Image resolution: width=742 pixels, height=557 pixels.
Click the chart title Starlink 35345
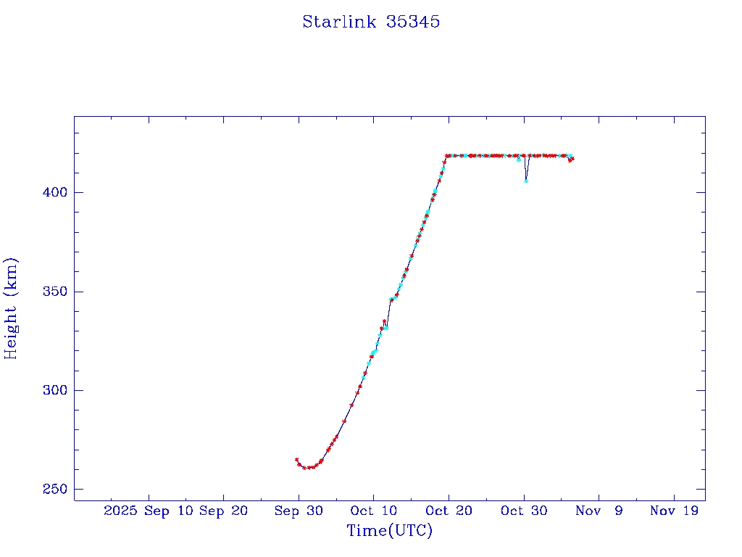(x=371, y=22)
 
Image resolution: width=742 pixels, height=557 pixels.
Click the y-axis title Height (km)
(x=11, y=308)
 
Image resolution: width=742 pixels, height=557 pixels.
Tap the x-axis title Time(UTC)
(x=389, y=531)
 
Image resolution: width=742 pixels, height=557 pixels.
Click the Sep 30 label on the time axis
(x=299, y=511)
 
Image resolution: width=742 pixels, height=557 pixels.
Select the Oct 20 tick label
(x=449, y=511)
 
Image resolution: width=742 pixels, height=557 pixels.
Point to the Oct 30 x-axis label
(x=524, y=511)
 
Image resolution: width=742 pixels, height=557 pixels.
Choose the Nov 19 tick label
(x=675, y=511)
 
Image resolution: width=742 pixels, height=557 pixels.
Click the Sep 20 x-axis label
(x=223, y=511)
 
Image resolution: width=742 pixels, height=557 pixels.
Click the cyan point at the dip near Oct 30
(x=526, y=181)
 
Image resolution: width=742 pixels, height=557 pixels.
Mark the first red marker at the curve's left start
(x=296, y=459)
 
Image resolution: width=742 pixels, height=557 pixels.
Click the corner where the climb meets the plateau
(x=446, y=155)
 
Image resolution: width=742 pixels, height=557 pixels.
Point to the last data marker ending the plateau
(x=572, y=158)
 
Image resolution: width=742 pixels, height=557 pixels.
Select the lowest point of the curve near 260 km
(x=305, y=468)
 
